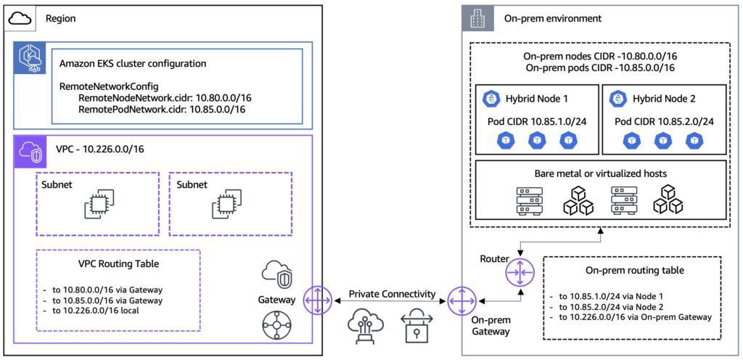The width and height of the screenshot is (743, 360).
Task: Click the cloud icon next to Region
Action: (20, 19)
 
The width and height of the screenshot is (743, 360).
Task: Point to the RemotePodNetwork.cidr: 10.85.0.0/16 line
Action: (162, 110)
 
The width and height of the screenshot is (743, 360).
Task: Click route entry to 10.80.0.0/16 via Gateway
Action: (107, 288)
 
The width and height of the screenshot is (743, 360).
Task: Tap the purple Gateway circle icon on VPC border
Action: (316, 299)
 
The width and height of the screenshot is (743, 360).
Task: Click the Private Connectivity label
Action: (393, 294)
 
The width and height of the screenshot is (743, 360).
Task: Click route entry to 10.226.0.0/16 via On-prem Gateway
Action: (634, 317)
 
